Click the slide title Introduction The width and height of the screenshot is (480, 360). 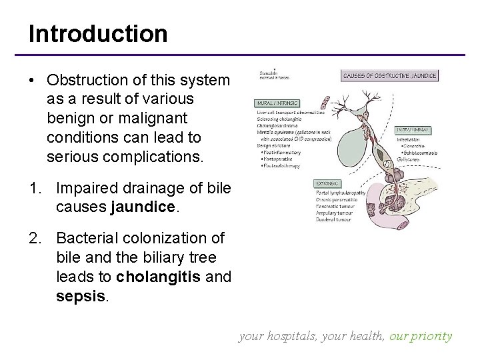[98, 34]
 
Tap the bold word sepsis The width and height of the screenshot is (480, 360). [79, 295]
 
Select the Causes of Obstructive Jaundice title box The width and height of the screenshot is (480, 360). [390, 76]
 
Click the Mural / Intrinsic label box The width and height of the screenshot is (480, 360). [277, 104]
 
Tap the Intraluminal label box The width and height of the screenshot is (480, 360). [417, 130]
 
